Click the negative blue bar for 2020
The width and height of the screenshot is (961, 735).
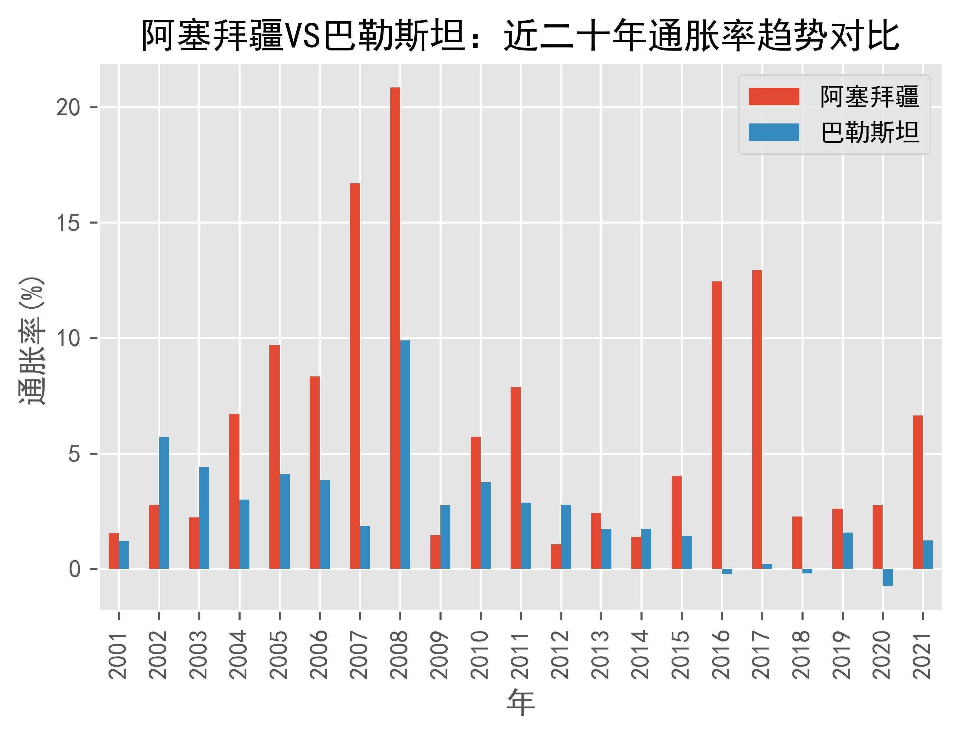[887, 577]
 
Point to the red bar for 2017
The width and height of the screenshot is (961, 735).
[757, 420]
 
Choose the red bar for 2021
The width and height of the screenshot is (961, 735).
[918, 492]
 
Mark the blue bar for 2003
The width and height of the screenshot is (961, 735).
[204, 518]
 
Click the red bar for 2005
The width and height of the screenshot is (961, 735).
[275, 457]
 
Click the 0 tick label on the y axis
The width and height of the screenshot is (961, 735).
[74, 569]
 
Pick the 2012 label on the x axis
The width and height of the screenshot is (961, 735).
[561, 655]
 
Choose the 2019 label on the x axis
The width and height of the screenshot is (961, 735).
[842, 655]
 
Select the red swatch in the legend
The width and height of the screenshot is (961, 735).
[774, 97]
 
